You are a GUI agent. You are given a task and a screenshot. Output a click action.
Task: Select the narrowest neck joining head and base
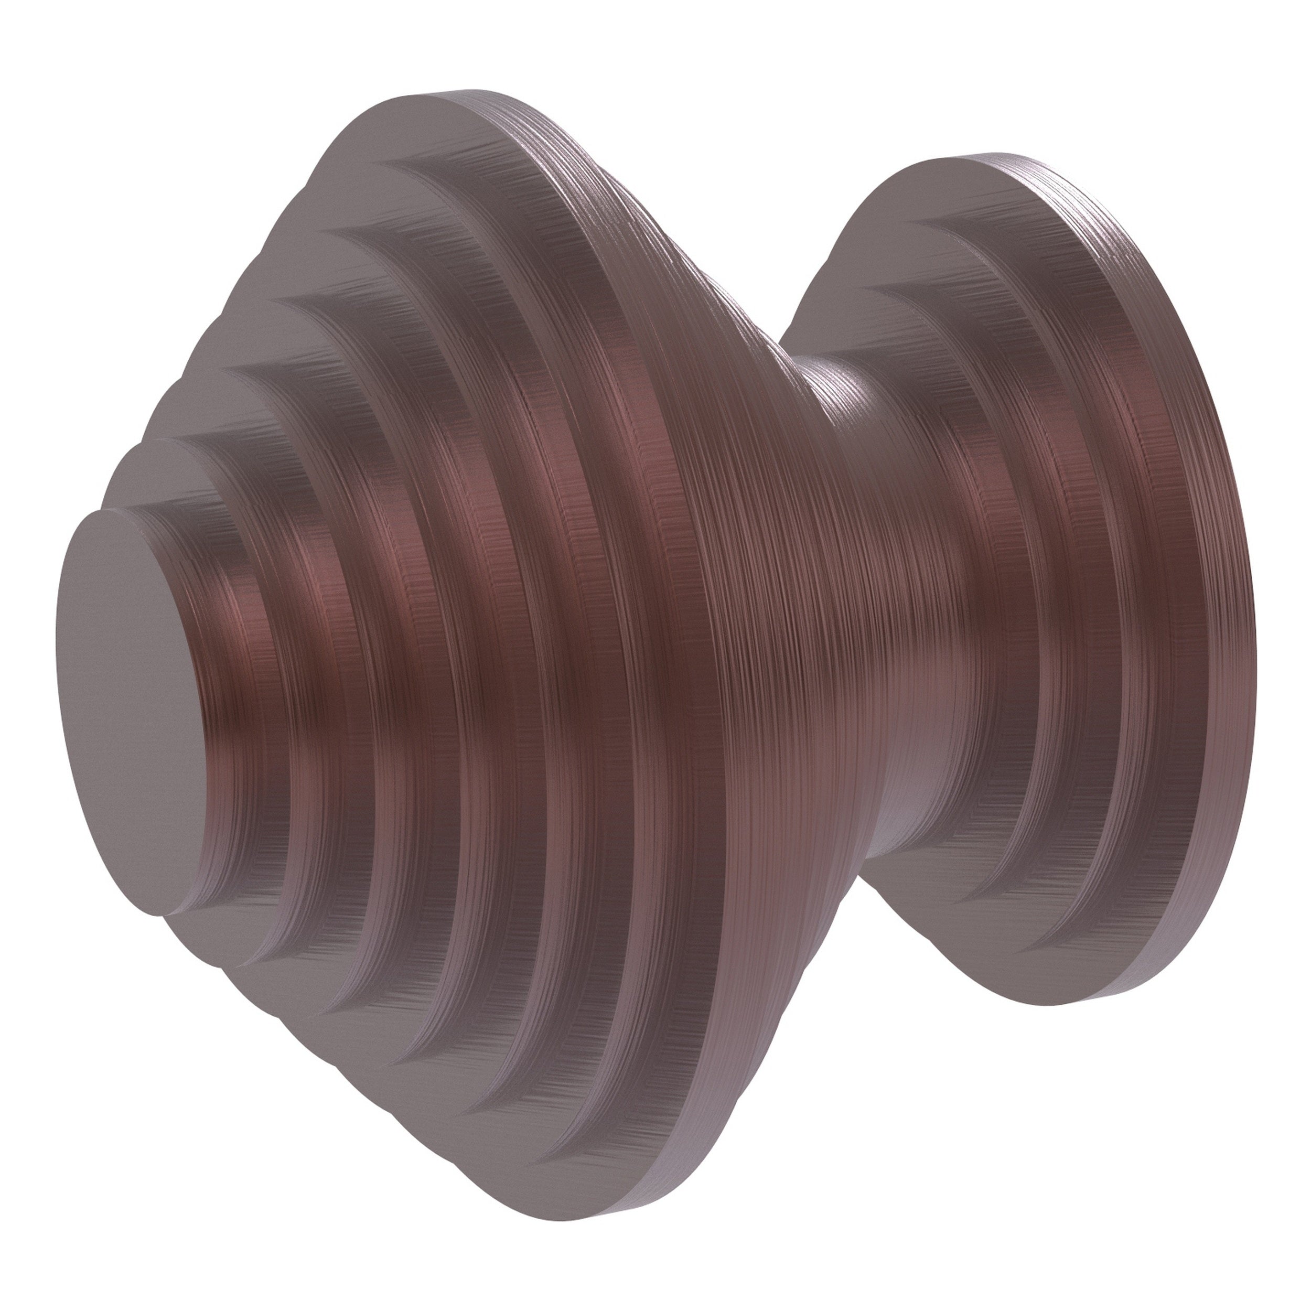848,543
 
